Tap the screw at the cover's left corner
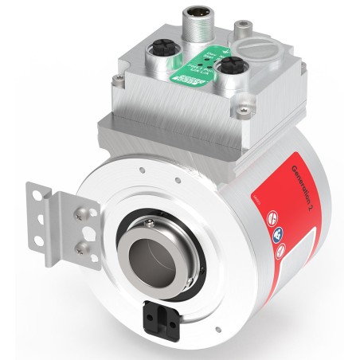(x=119, y=77)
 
